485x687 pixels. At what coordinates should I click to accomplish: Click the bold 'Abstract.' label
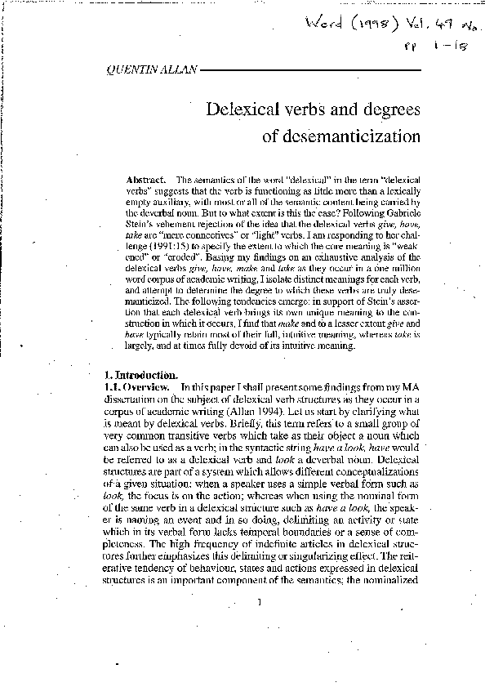147,179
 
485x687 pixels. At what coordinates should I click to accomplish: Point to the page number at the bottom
259,603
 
